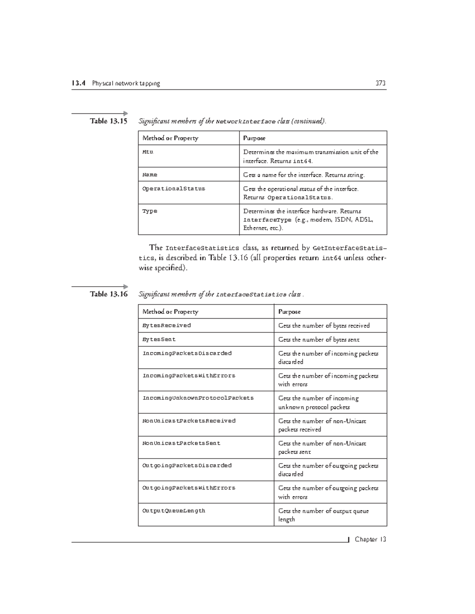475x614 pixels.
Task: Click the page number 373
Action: (380, 83)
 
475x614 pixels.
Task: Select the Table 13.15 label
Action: (108, 121)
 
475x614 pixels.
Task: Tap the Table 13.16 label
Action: (108, 294)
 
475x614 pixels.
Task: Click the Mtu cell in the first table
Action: (148, 152)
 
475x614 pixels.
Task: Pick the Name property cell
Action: (150, 175)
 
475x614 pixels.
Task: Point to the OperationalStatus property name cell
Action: (174, 189)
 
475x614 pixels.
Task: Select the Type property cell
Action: (150, 211)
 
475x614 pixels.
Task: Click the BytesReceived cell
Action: (167, 325)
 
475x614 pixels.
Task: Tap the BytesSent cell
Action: (159, 339)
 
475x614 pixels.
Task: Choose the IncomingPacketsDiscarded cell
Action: (187, 353)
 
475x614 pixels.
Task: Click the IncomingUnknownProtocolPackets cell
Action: (198, 398)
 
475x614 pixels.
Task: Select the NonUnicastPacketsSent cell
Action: (181, 443)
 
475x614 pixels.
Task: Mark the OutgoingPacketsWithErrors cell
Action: (189, 488)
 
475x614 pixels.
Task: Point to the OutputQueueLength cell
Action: (174, 511)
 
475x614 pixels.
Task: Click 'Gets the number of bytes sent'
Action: (319, 340)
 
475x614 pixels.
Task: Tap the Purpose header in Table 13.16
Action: (289, 312)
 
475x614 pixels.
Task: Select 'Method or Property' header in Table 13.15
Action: (170, 138)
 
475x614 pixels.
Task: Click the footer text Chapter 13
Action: (370, 540)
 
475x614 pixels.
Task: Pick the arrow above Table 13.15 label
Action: (100, 113)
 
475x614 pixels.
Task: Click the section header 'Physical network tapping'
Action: (126, 83)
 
